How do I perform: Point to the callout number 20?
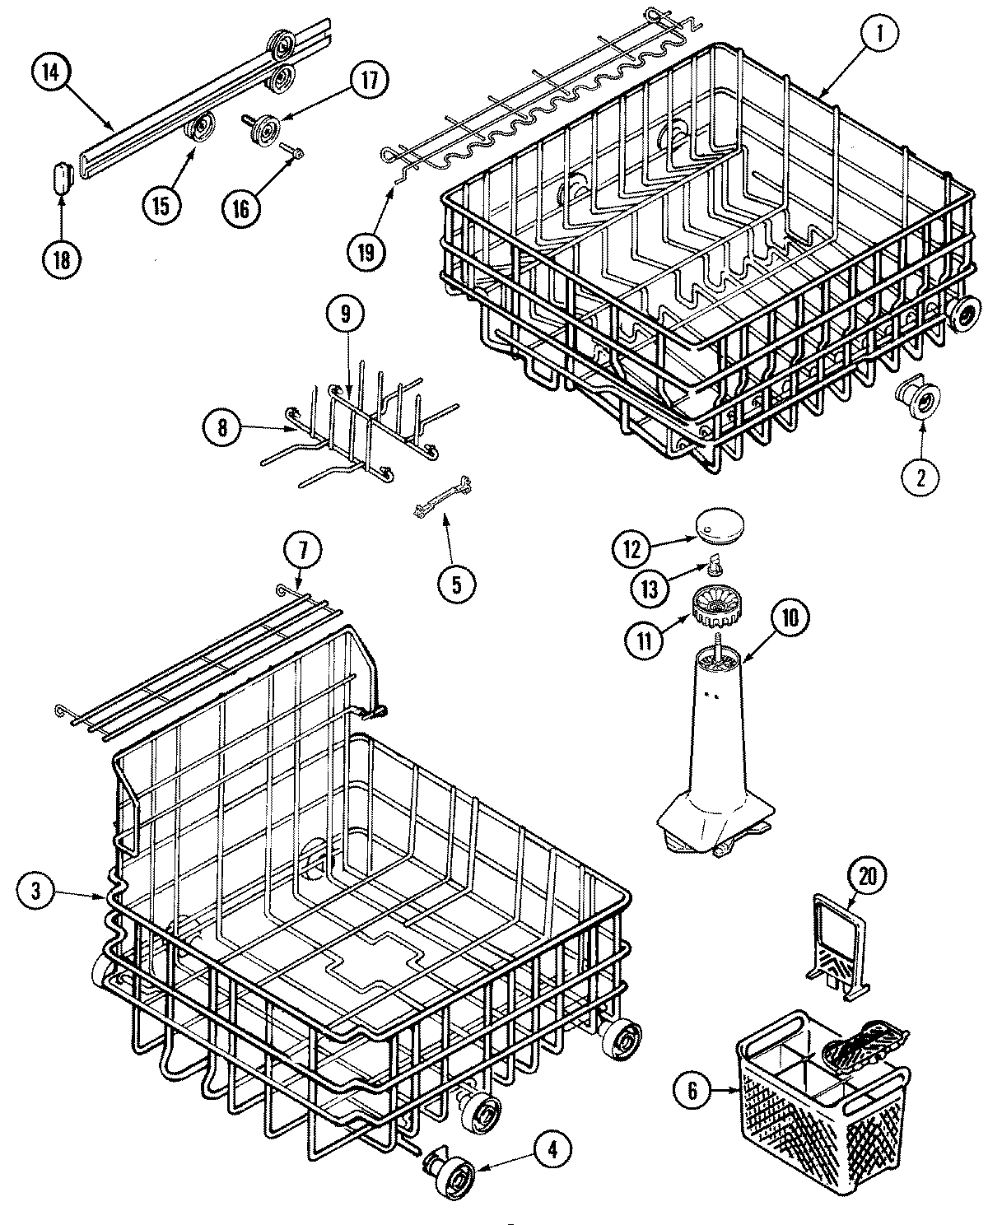coord(864,878)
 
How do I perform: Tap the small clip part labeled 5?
coord(441,501)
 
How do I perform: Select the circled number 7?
coord(300,548)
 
